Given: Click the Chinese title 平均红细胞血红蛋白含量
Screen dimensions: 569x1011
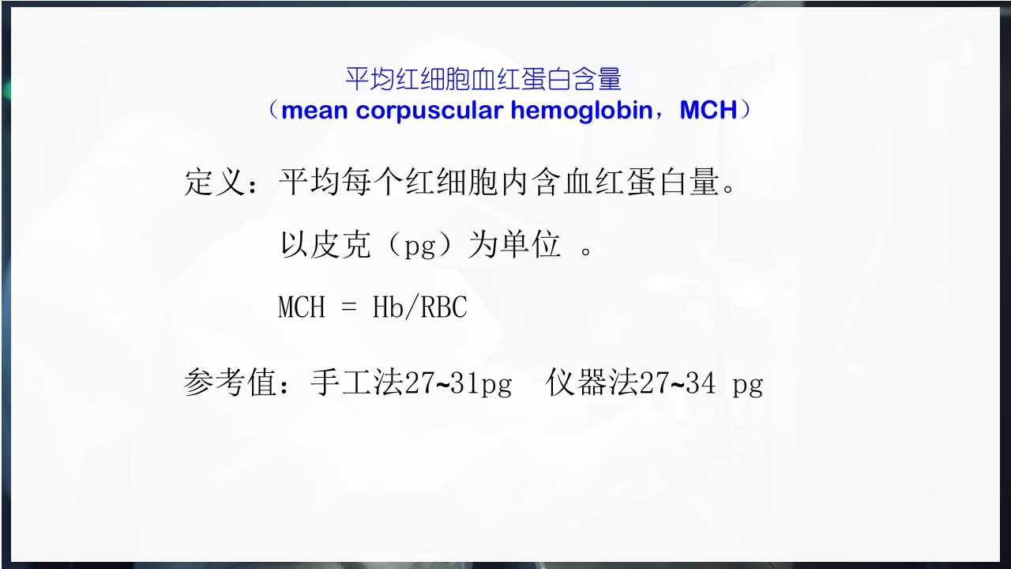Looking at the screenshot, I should point(483,79).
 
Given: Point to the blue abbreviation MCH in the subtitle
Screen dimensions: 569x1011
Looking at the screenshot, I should point(708,111).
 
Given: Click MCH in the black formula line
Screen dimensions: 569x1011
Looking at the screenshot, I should point(302,307).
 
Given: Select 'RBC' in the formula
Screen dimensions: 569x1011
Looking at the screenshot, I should point(444,307).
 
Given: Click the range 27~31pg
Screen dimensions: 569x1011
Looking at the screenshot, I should point(458,384).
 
